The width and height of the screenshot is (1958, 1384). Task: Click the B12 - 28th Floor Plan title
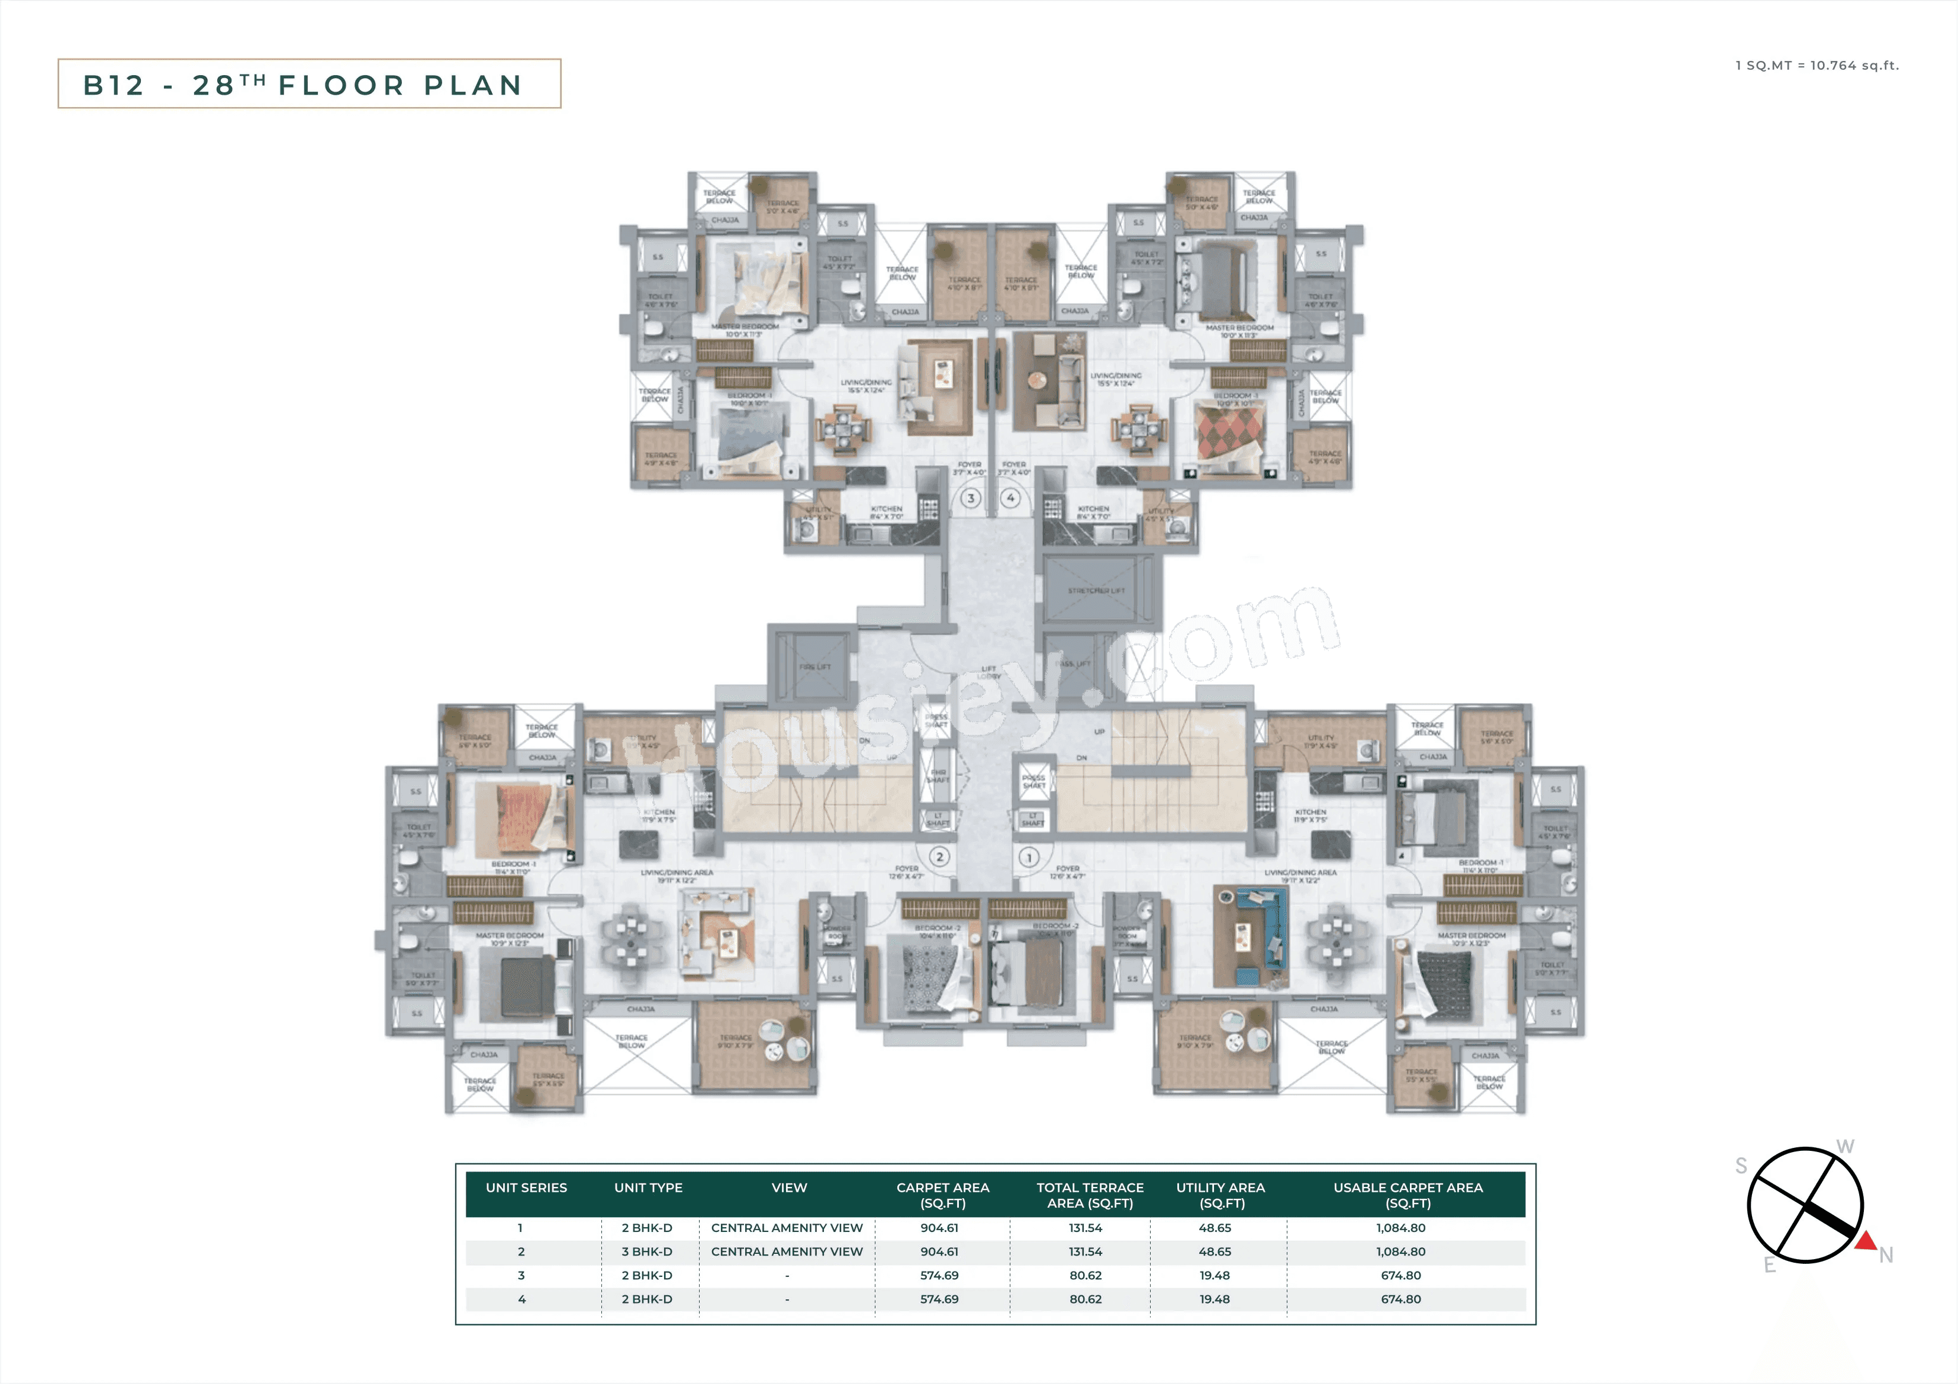tap(309, 85)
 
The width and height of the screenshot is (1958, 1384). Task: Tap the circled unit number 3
tap(971, 498)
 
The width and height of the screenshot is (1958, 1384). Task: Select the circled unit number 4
tap(1010, 498)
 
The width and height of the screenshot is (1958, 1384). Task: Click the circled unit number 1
tap(1029, 857)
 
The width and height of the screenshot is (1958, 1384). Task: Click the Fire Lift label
tap(814, 667)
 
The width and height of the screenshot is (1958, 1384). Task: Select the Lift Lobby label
tap(988, 672)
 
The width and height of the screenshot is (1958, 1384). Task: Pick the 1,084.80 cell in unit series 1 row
tap(1400, 1228)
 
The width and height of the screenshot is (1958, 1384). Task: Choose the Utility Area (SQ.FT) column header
tap(1220, 1195)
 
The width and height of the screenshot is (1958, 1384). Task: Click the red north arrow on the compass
tap(1866, 1241)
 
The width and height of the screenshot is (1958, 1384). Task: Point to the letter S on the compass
tap(1741, 1166)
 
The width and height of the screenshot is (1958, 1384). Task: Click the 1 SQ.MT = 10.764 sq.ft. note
tap(1817, 66)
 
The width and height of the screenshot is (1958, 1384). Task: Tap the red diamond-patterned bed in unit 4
tap(1229, 433)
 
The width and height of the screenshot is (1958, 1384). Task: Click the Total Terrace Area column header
tap(1090, 1195)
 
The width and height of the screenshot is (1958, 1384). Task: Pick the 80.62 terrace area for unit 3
tap(1085, 1276)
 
